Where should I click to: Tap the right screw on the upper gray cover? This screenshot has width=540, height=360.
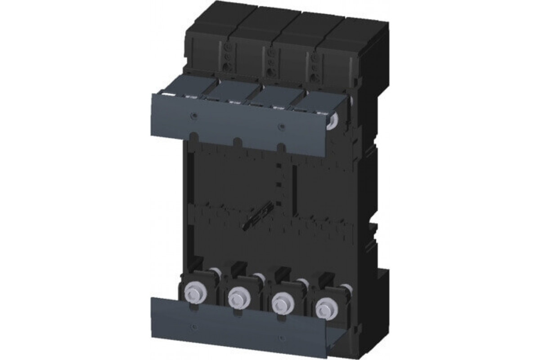pyautogui.click(x=281, y=126)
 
